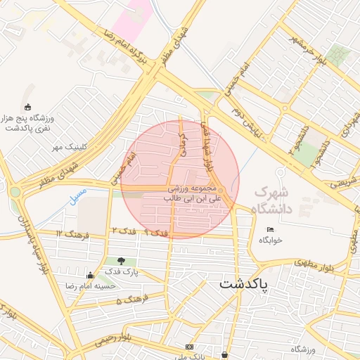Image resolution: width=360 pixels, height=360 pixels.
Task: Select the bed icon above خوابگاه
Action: click(271, 229)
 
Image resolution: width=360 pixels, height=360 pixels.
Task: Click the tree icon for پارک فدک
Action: click(122, 261)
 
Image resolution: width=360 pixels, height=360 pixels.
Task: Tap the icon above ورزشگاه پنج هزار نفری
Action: click(28, 107)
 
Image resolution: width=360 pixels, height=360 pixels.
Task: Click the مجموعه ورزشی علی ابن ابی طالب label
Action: click(193, 194)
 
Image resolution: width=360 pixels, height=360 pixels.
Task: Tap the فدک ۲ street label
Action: click(123, 231)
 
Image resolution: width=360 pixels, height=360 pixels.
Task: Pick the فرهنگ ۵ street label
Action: click(129, 300)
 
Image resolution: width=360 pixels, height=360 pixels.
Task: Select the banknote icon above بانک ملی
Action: click(188, 347)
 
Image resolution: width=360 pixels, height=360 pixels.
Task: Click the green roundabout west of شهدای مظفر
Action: click(15, 191)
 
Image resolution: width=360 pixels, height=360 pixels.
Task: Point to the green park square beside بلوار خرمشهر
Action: click(338, 56)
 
